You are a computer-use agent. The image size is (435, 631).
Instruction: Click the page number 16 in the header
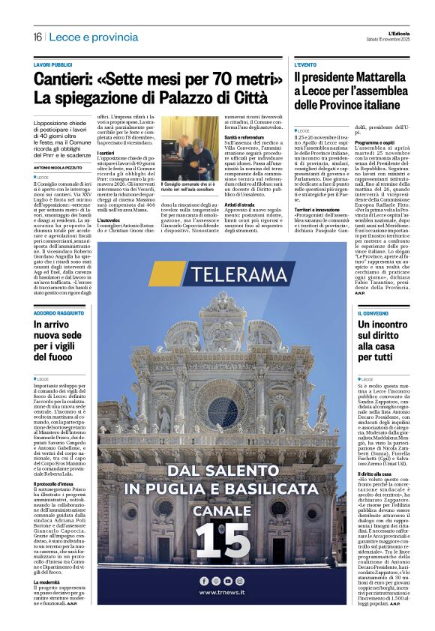[37, 37]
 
